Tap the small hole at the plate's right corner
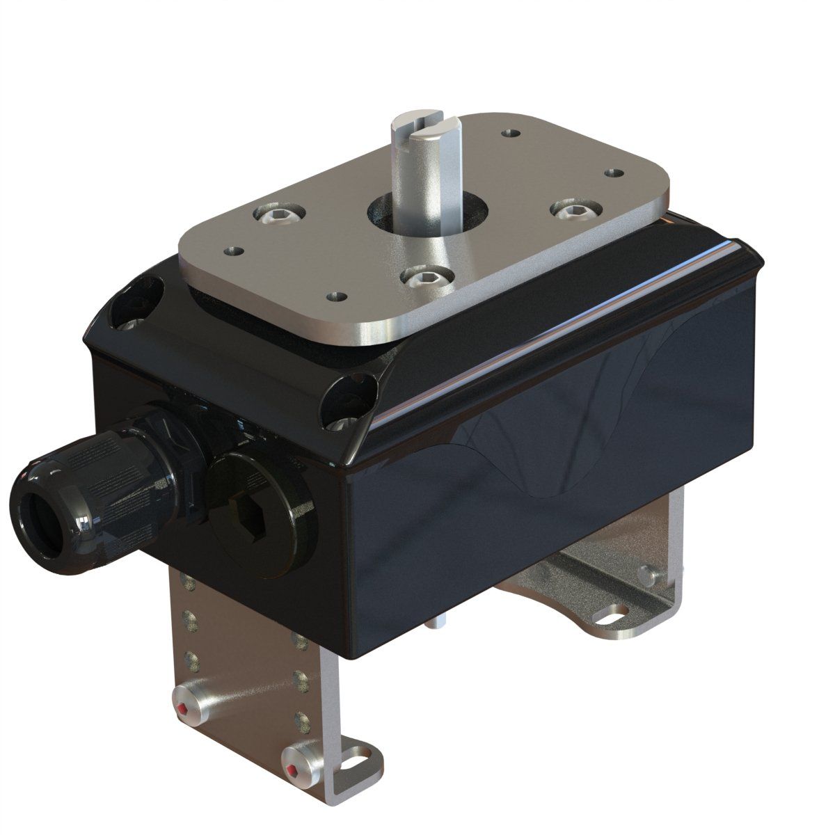pos(613,172)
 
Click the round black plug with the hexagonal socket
pos(261,511)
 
